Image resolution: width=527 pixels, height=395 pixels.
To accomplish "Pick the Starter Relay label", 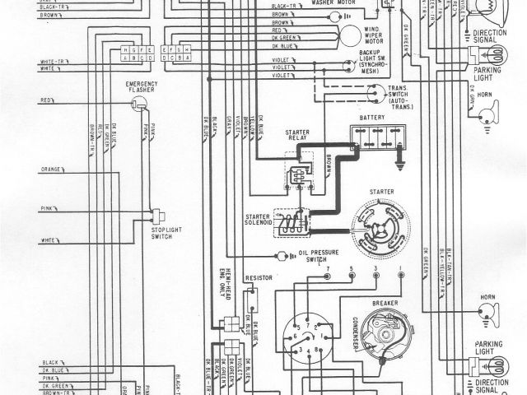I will (296, 136).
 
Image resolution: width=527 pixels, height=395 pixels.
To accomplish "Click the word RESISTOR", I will (259, 280).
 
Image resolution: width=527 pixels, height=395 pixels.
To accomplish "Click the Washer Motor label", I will (339, 3).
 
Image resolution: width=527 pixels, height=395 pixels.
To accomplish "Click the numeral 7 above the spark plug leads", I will (327, 270).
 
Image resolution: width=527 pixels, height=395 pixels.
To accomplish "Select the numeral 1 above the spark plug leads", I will (400, 270).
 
